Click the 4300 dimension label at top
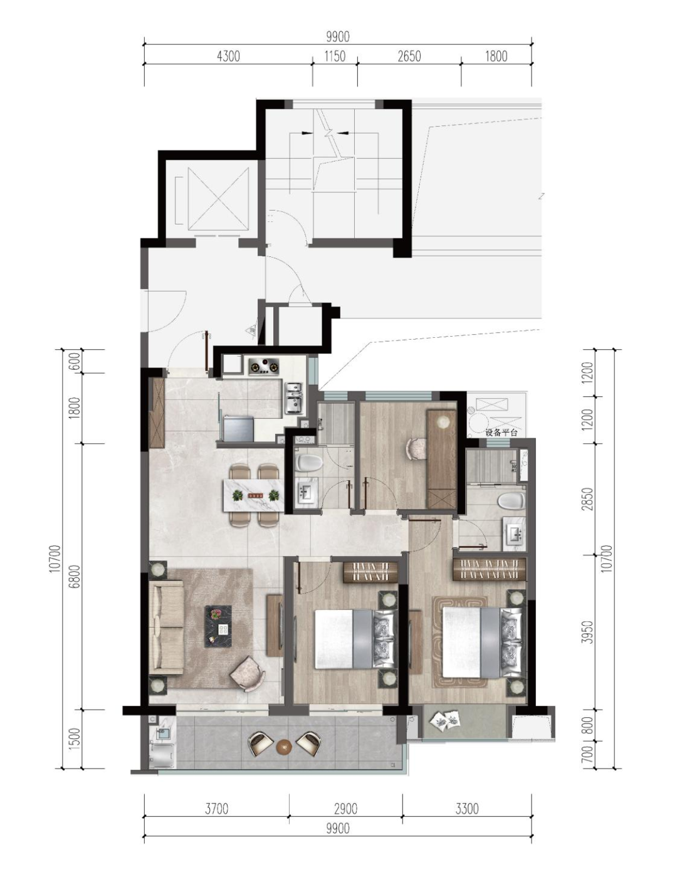pyautogui.click(x=229, y=56)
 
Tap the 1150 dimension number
pyautogui.click(x=335, y=56)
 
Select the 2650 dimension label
pyautogui.click(x=409, y=56)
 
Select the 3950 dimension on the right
pyautogui.click(x=587, y=643)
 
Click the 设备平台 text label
pyautogui.click(x=501, y=433)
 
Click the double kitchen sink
pyautogui.click(x=294, y=398)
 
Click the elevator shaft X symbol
pyautogui.click(x=218, y=199)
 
